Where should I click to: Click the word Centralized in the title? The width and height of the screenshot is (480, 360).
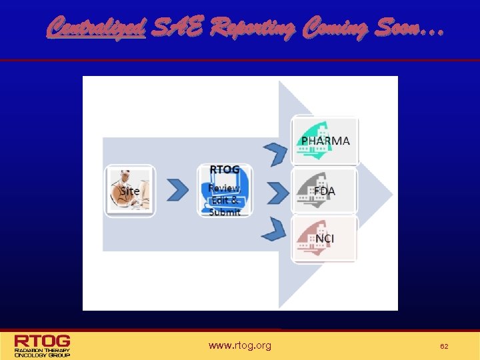coord(96,28)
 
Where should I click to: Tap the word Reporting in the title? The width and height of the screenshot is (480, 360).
coord(253,28)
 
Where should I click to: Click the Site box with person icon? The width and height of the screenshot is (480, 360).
coord(130,191)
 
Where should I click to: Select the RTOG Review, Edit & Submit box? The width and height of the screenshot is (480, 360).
coord(225,191)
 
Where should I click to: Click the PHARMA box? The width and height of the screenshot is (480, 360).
coord(325,141)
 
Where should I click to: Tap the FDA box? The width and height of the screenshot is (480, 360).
coord(325,191)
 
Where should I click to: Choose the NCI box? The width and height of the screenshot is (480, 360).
coord(325,239)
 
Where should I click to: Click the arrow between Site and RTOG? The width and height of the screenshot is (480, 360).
coord(177,191)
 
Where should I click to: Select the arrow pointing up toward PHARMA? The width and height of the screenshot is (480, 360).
coord(275,153)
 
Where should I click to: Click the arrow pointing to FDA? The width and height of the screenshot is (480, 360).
coord(277,191)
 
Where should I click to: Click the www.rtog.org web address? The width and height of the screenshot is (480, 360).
coord(240,345)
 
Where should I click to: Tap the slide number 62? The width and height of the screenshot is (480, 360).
coord(443,346)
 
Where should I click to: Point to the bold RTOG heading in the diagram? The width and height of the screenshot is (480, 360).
coord(225,170)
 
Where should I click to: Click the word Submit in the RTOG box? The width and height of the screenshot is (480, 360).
coord(225,212)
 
